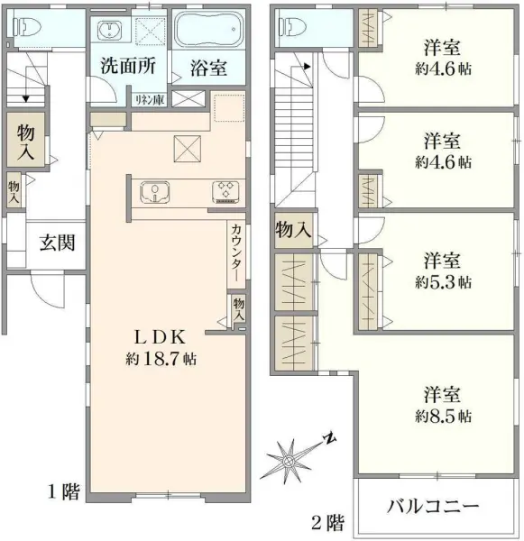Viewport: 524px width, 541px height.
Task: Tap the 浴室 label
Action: (x=208, y=68)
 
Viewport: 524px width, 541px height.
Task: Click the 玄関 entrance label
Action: (x=56, y=242)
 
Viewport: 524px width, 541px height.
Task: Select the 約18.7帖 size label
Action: (x=161, y=359)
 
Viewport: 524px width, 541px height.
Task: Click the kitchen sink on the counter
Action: (x=155, y=191)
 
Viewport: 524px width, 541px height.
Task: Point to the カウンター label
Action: (x=235, y=254)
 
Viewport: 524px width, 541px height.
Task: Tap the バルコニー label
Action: (x=433, y=506)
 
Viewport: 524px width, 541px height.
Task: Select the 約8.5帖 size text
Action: (x=443, y=417)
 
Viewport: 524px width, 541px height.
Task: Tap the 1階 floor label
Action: (x=63, y=492)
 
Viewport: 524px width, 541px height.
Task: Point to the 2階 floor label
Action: (x=328, y=521)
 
